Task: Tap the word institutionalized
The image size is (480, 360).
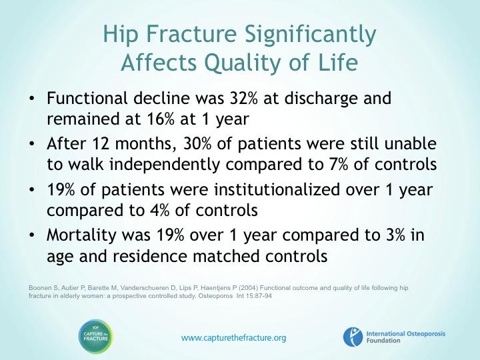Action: point(277,189)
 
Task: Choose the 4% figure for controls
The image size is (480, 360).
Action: point(160,210)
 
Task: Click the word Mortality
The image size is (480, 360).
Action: point(81,236)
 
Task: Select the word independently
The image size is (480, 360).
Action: point(165,165)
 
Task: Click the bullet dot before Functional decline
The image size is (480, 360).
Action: point(31,99)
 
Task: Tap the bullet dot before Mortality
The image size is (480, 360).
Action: point(31,236)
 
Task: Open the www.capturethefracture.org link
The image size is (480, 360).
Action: point(233,338)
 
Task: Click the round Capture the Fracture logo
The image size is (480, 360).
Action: point(96,337)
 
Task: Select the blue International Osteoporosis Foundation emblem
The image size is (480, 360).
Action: point(353,337)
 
